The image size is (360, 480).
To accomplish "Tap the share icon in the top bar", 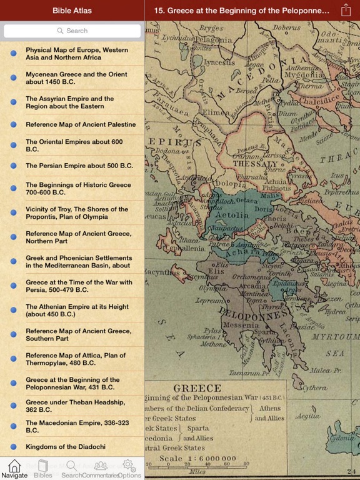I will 346,10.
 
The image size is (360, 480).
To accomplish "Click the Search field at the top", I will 72,31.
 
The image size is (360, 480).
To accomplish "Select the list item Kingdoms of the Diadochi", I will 66,447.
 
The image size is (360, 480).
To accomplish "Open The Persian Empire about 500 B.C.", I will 79,166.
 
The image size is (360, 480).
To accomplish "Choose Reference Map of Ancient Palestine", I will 80,124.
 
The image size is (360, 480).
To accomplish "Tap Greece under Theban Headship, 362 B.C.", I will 75,406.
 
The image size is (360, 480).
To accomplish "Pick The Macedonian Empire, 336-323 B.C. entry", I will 75,427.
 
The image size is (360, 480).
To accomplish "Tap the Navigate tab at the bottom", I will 14,469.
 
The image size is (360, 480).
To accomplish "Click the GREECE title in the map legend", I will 197,387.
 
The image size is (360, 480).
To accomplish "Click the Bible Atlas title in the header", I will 72,10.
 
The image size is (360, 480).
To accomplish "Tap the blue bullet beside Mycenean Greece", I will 13,78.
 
